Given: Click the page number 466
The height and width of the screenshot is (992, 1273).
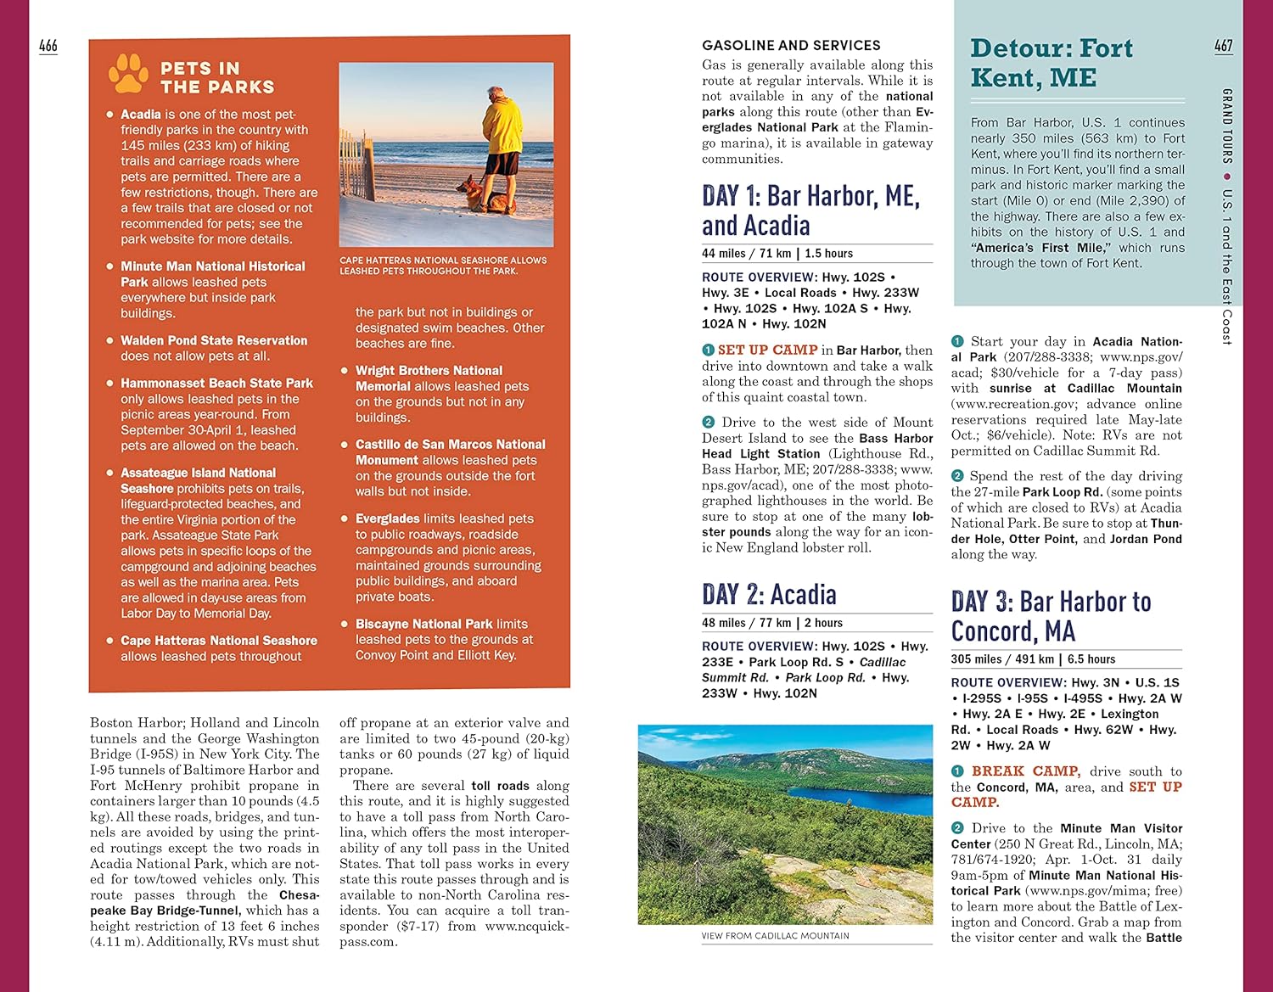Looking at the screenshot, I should point(48,46).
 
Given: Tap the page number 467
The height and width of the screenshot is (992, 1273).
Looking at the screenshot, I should point(1223,46).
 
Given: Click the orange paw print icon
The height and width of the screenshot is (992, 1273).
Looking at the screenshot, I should point(128,74).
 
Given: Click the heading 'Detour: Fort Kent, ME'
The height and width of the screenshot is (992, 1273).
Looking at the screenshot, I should point(1051,63).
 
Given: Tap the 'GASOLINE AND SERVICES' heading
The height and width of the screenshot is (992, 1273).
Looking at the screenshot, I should point(791,46).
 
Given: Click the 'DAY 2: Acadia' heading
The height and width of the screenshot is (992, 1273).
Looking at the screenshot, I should point(769,594).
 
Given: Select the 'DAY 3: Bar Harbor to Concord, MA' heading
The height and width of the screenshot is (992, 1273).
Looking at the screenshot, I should point(1051,616).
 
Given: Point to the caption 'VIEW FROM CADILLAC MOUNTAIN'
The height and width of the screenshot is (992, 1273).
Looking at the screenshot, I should point(775,936).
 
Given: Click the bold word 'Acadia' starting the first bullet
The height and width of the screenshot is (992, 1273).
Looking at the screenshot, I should point(141,115).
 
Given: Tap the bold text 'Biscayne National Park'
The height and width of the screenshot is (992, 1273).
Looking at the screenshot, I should point(423,624).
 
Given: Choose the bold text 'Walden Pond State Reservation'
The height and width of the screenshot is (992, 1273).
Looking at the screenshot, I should point(214,340).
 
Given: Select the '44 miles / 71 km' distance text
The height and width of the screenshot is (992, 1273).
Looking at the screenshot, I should point(746,254).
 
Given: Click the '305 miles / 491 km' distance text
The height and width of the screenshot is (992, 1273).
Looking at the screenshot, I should point(1002,659).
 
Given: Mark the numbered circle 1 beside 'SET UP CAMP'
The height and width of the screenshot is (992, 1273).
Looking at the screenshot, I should point(709,350).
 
